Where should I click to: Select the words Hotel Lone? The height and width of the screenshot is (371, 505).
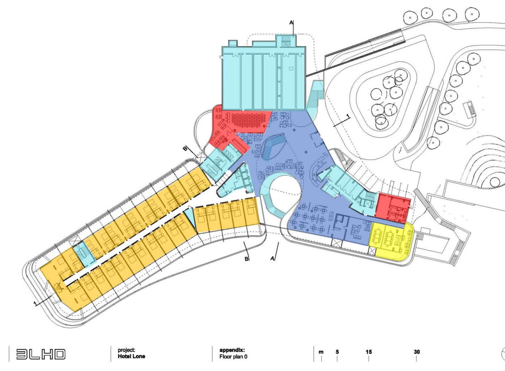131,356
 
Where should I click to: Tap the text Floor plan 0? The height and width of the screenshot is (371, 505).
233,356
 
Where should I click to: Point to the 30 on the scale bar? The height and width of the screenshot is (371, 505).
417,352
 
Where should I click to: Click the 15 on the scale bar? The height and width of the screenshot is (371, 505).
369,352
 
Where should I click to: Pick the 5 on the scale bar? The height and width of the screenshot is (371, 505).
337,352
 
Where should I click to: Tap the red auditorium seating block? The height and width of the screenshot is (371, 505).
249,121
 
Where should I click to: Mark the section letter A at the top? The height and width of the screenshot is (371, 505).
291,23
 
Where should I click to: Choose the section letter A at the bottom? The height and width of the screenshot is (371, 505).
273,259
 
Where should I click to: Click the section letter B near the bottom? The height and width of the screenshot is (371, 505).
246,259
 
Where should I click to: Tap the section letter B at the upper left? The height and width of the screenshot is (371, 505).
185,149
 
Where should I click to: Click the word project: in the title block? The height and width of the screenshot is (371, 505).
126,350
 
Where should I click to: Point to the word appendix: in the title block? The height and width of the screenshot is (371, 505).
232,350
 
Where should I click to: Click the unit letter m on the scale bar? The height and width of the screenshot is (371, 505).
321,352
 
